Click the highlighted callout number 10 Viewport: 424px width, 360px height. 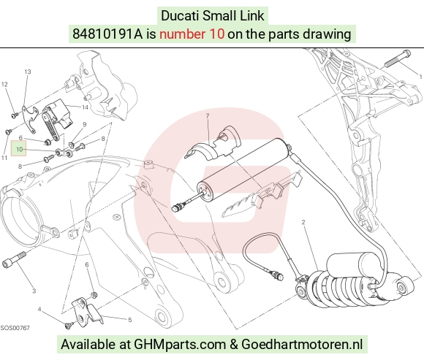pos(19,149)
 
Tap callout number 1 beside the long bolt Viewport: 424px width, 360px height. pos(420,77)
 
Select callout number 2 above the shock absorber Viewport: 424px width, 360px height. pos(303,222)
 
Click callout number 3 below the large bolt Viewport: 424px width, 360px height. pos(34,291)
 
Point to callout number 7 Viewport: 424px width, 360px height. pos(208,115)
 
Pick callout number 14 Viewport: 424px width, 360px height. pos(86,107)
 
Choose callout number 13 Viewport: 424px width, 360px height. pos(28,72)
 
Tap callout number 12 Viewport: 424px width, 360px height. pos(4,84)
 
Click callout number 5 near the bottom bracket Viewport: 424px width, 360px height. pos(130,320)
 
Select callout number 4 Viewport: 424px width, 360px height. pos(39,309)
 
